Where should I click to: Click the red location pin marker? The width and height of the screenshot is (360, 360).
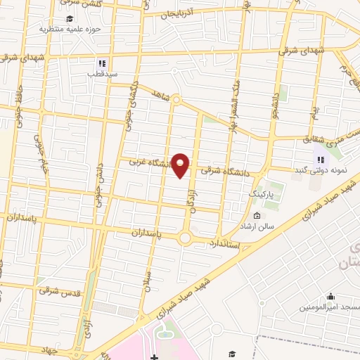(x=181, y=165)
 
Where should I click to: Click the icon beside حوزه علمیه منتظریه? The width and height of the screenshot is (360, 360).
(x=69, y=18)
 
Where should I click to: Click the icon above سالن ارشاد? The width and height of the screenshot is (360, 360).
(x=256, y=215)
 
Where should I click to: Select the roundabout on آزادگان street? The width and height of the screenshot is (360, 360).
(x=185, y=238)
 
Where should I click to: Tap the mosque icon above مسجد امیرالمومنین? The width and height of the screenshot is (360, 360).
(x=330, y=296)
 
